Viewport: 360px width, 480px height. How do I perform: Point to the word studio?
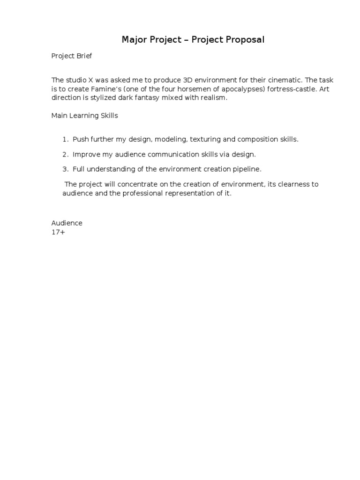[75, 81]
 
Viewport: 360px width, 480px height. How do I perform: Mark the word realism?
[213, 97]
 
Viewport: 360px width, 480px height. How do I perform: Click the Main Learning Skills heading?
[84, 116]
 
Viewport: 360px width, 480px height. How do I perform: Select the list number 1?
[64, 140]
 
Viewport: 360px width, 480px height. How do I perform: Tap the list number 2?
[64, 154]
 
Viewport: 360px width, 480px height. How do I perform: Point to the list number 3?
[64, 169]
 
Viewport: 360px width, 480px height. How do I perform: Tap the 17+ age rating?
[58, 232]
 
